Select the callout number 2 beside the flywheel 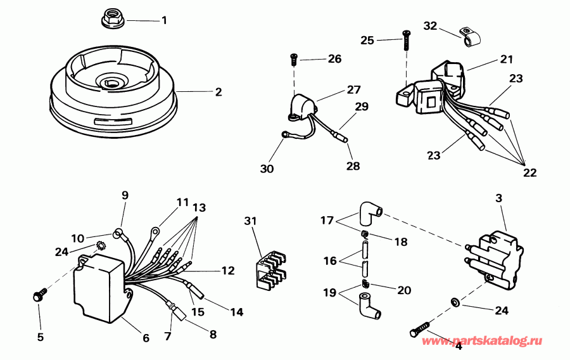218,92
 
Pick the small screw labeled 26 294,59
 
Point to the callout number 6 145,338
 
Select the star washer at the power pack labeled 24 99,246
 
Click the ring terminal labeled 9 118,234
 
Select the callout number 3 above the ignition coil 498,199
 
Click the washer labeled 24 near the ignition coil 455,300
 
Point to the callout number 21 506,59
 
